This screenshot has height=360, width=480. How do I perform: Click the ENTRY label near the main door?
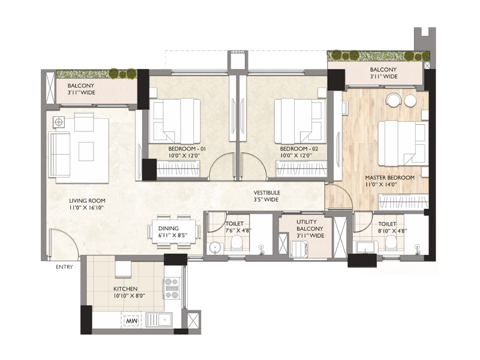(x=64, y=266)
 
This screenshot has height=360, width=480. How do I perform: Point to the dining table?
(x=173, y=229)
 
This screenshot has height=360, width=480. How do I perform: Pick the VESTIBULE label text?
(x=266, y=193)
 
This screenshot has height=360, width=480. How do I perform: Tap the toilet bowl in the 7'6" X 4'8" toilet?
(x=237, y=243)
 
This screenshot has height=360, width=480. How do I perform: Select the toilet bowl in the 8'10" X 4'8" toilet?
(x=391, y=242)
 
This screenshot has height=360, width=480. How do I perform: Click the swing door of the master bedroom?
(x=339, y=196)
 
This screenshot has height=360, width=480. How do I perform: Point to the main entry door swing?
(x=62, y=245)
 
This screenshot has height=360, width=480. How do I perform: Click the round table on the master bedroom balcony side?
(x=393, y=100)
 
